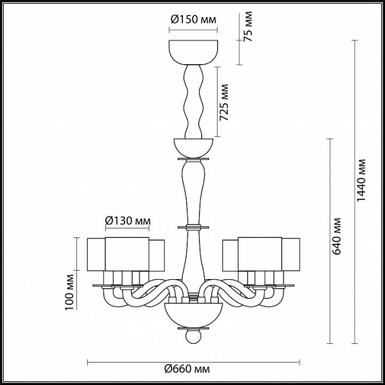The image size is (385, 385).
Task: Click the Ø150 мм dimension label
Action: [194, 19]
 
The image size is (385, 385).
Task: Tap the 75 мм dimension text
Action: [248, 26]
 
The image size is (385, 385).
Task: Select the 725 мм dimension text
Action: [224, 103]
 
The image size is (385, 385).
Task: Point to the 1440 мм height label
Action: [361, 180]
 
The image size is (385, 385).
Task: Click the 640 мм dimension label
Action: [336, 236]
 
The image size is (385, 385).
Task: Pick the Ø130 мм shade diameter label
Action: [128, 221]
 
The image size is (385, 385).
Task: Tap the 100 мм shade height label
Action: [69, 292]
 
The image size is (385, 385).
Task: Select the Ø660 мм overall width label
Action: [187, 368]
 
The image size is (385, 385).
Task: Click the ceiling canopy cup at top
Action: [193, 53]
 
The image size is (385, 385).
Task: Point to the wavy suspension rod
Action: [194, 101]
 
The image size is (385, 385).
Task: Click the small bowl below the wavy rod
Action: [193, 148]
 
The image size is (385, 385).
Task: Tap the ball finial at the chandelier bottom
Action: [193, 336]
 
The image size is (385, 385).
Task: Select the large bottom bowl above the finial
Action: [194, 315]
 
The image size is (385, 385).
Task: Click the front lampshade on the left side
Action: [127, 254]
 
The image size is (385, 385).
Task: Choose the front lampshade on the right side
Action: [260, 254]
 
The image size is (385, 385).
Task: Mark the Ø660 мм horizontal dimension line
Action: [194, 362]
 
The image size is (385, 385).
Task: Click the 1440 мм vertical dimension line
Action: [354, 192]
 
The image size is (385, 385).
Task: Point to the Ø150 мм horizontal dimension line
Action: [193, 30]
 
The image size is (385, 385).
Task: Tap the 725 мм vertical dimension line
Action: [217, 101]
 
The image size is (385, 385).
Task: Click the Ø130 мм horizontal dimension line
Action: [127, 228]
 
